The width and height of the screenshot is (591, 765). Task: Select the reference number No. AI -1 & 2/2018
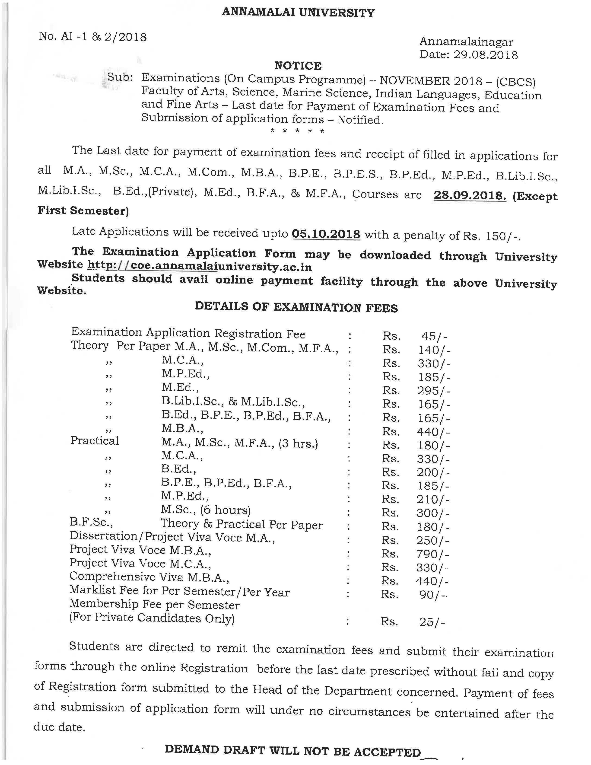click(x=93, y=37)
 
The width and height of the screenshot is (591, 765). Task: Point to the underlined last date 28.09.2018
click(x=470, y=195)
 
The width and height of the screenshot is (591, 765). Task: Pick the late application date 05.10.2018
click(x=326, y=234)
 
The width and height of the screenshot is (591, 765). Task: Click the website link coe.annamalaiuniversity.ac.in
click(x=200, y=267)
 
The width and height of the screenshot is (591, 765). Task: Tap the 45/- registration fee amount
click(x=434, y=336)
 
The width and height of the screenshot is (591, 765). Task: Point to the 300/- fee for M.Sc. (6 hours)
click(x=433, y=513)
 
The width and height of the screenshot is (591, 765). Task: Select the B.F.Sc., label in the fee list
click(x=91, y=523)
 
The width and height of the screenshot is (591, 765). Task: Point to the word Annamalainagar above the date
click(x=466, y=42)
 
